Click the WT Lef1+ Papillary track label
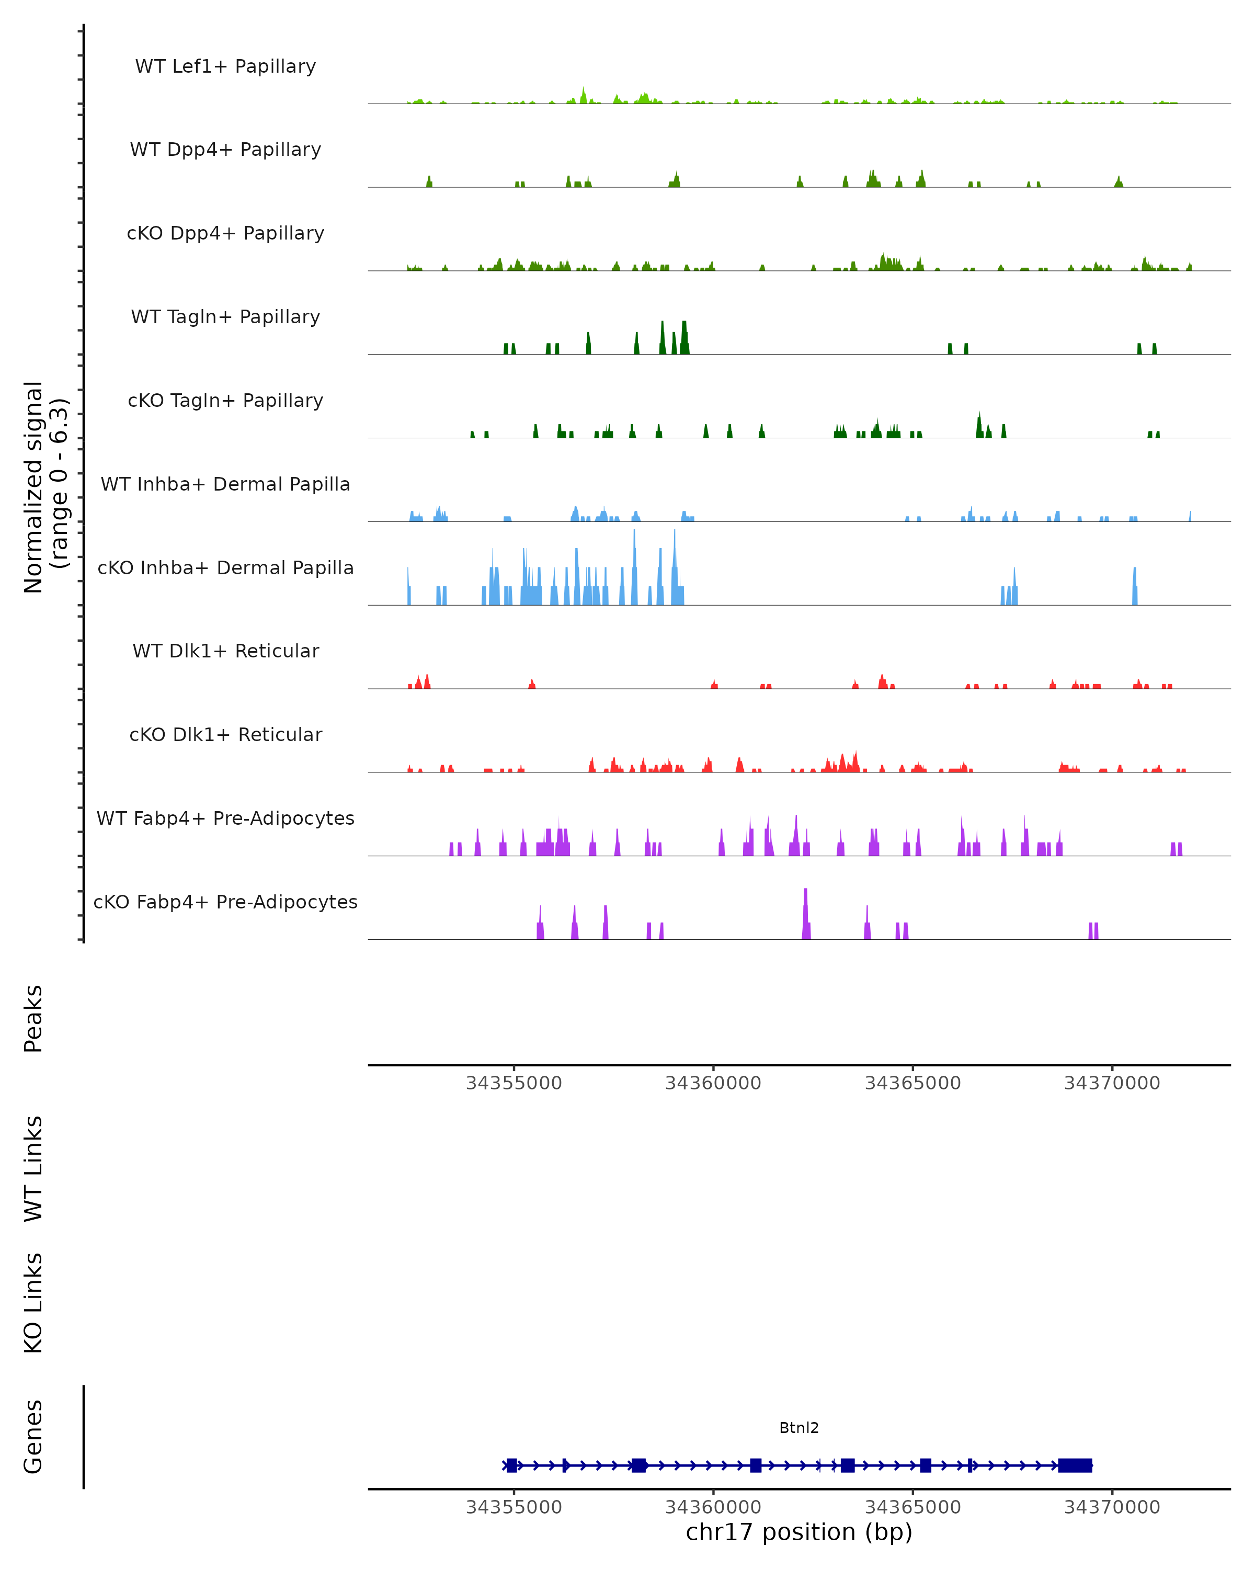coord(225,66)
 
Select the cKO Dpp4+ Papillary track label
coord(225,234)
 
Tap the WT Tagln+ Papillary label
coord(225,317)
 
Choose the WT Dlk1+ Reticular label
coord(225,651)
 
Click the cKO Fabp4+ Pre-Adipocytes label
coord(225,902)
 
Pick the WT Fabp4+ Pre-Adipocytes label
coord(225,818)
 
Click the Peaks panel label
coord(33,1019)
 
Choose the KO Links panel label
coord(33,1303)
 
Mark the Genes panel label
coord(33,1437)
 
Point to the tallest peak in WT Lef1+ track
coord(584,92)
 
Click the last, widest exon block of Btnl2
coord(1075,1465)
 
